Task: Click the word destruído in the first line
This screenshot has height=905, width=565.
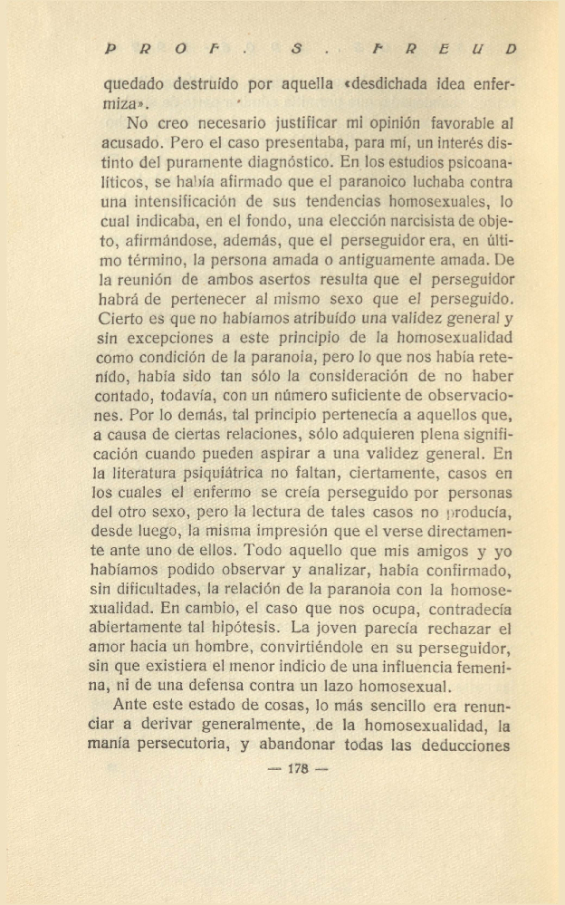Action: coord(209,86)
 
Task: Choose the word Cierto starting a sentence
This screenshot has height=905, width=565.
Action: coord(120,320)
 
